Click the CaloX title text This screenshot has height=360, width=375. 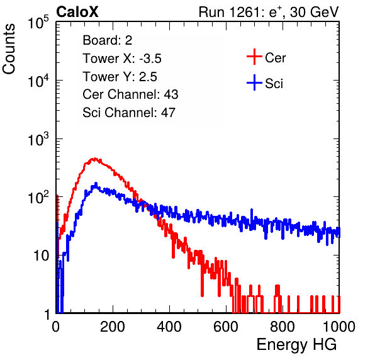pyautogui.click(x=77, y=12)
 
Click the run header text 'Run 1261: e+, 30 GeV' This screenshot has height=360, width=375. pyautogui.click(x=269, y=12)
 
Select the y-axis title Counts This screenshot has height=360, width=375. pyautogui.click(x=9, y=49)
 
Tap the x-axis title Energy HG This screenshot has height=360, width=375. pyautogui.click(x=296, y=345)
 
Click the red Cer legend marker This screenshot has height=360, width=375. pyautogui.click(x=254, y=57)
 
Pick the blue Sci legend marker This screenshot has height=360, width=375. pyautogui.click(x=254, y=83)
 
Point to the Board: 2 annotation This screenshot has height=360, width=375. pyautogui.click(x=108, y=40)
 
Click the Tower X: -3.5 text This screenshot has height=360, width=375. pyautogui.click(x=122, y=59)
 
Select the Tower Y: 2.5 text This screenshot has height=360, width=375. pyautogui.click(x=120, y=77)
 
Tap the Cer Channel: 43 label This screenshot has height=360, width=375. pyautogui.click(x=130, y=94)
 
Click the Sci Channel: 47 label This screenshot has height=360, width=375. pyautogui.click(x=129, y=113)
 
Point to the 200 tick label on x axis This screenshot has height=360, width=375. pyautogui.click(x=113, y=327)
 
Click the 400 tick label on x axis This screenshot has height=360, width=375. pyautogui.click(x=169, y=327)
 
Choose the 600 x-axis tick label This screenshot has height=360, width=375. pyautogui.click(x=226, y=327)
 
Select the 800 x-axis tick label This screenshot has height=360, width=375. pyautogui.click(x=283, y=327)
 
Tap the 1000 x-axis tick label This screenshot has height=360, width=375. pyautogui.click(x=339, y=327)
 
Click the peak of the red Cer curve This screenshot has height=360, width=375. pyautogui.click(x=95, y=158)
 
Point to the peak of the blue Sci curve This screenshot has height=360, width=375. pyautogui.click(x=96, y=184)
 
